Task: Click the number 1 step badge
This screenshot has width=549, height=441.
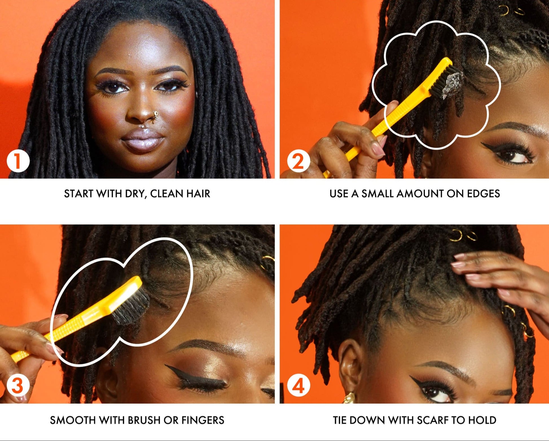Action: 18,161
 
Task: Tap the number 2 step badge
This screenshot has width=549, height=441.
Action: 298,161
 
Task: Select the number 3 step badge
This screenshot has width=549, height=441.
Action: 18,385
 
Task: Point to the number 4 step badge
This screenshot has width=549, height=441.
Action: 298,385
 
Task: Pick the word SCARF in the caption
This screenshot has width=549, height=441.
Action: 432,420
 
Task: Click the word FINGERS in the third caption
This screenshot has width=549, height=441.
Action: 203,420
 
